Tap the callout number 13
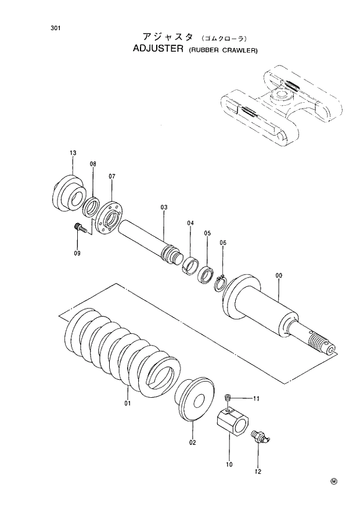(x=73, y=153)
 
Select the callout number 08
(x=93, y=164)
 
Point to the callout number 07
(x=112, y=176)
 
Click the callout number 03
(x=164, y=207)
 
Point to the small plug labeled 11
(x=228, y=397)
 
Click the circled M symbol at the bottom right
(x=334, y=481)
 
